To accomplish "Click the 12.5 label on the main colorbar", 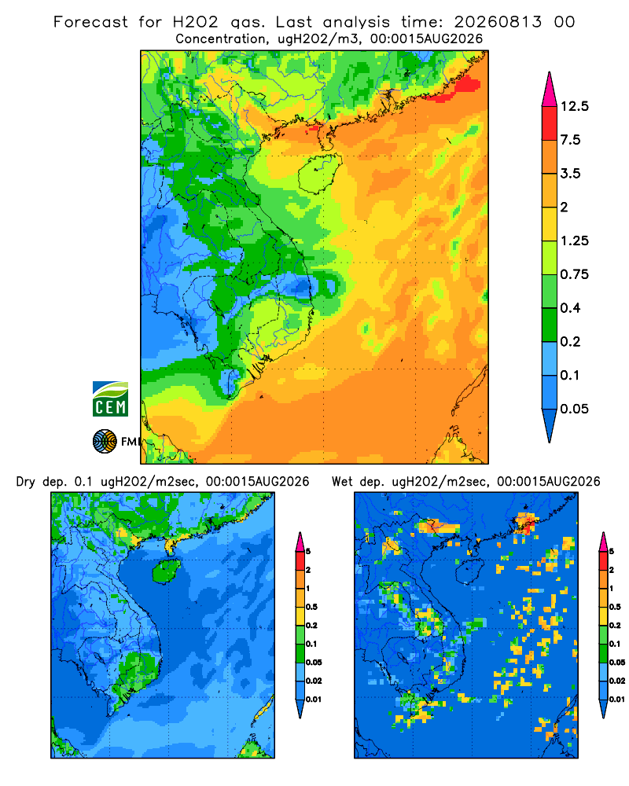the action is click(x=574, y=106).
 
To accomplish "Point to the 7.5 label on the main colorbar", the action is click(x=570, y=140).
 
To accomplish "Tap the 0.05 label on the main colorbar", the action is click(x=574, y=409).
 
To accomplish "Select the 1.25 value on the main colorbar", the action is click(x=574, y=241).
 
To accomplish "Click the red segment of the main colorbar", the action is click(x=550, y=123).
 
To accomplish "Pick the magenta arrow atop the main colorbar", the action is click(x=550, y=90).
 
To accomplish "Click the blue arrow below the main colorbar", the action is click(x=550, y=425).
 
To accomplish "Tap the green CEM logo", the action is click(x=110, y=399).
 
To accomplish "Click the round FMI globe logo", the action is click(x=105, y=442).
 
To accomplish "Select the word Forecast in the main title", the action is click(x=90, y=22).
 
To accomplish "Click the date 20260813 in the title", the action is click(x=498, y=22).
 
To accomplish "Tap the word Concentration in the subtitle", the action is click(x=220, y=39).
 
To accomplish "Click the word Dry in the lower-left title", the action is click(x=26, y=482).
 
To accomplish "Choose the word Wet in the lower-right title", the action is click(x=343, y=482).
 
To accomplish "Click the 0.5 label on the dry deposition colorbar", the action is click(x=311, y=607).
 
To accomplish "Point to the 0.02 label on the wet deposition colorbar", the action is click(x=617, y=681).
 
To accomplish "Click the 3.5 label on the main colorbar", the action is click(x=570, y=174).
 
